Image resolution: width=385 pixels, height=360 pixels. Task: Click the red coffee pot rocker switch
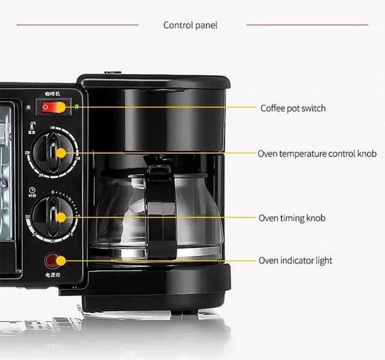point(54,108)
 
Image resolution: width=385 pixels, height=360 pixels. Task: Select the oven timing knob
point(54,215)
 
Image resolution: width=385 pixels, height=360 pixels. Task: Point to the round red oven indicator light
point(54,261)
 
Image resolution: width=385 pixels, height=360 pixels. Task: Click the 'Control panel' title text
point(190,25)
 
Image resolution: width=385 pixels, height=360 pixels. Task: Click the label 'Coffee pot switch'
point(293,108)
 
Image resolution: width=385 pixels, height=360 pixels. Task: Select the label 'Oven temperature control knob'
point(317,154)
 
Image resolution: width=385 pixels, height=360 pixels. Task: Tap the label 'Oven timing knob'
point(292,217)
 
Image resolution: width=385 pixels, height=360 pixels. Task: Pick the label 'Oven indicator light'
point(295,261)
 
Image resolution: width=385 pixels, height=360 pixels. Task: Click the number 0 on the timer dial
point(53,191)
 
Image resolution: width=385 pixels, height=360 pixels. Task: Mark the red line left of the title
point(77,25)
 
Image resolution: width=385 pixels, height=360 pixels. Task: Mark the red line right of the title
point(307,25)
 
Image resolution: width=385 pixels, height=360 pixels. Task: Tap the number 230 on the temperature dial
point(28,152)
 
